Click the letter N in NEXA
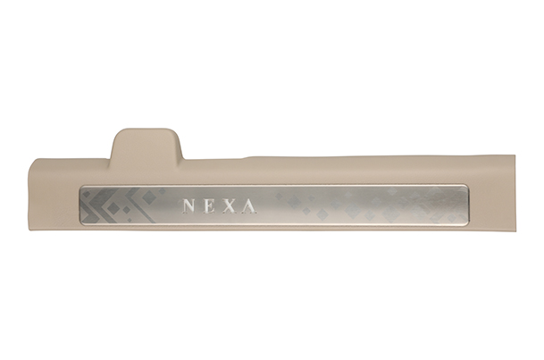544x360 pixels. click(188, 206)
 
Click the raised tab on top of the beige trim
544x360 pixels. click(146, 144)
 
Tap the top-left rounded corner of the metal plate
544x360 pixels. click(80, 187)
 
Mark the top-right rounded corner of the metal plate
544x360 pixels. click(467, 186)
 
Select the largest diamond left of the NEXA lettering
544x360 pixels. click(113, 207)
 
